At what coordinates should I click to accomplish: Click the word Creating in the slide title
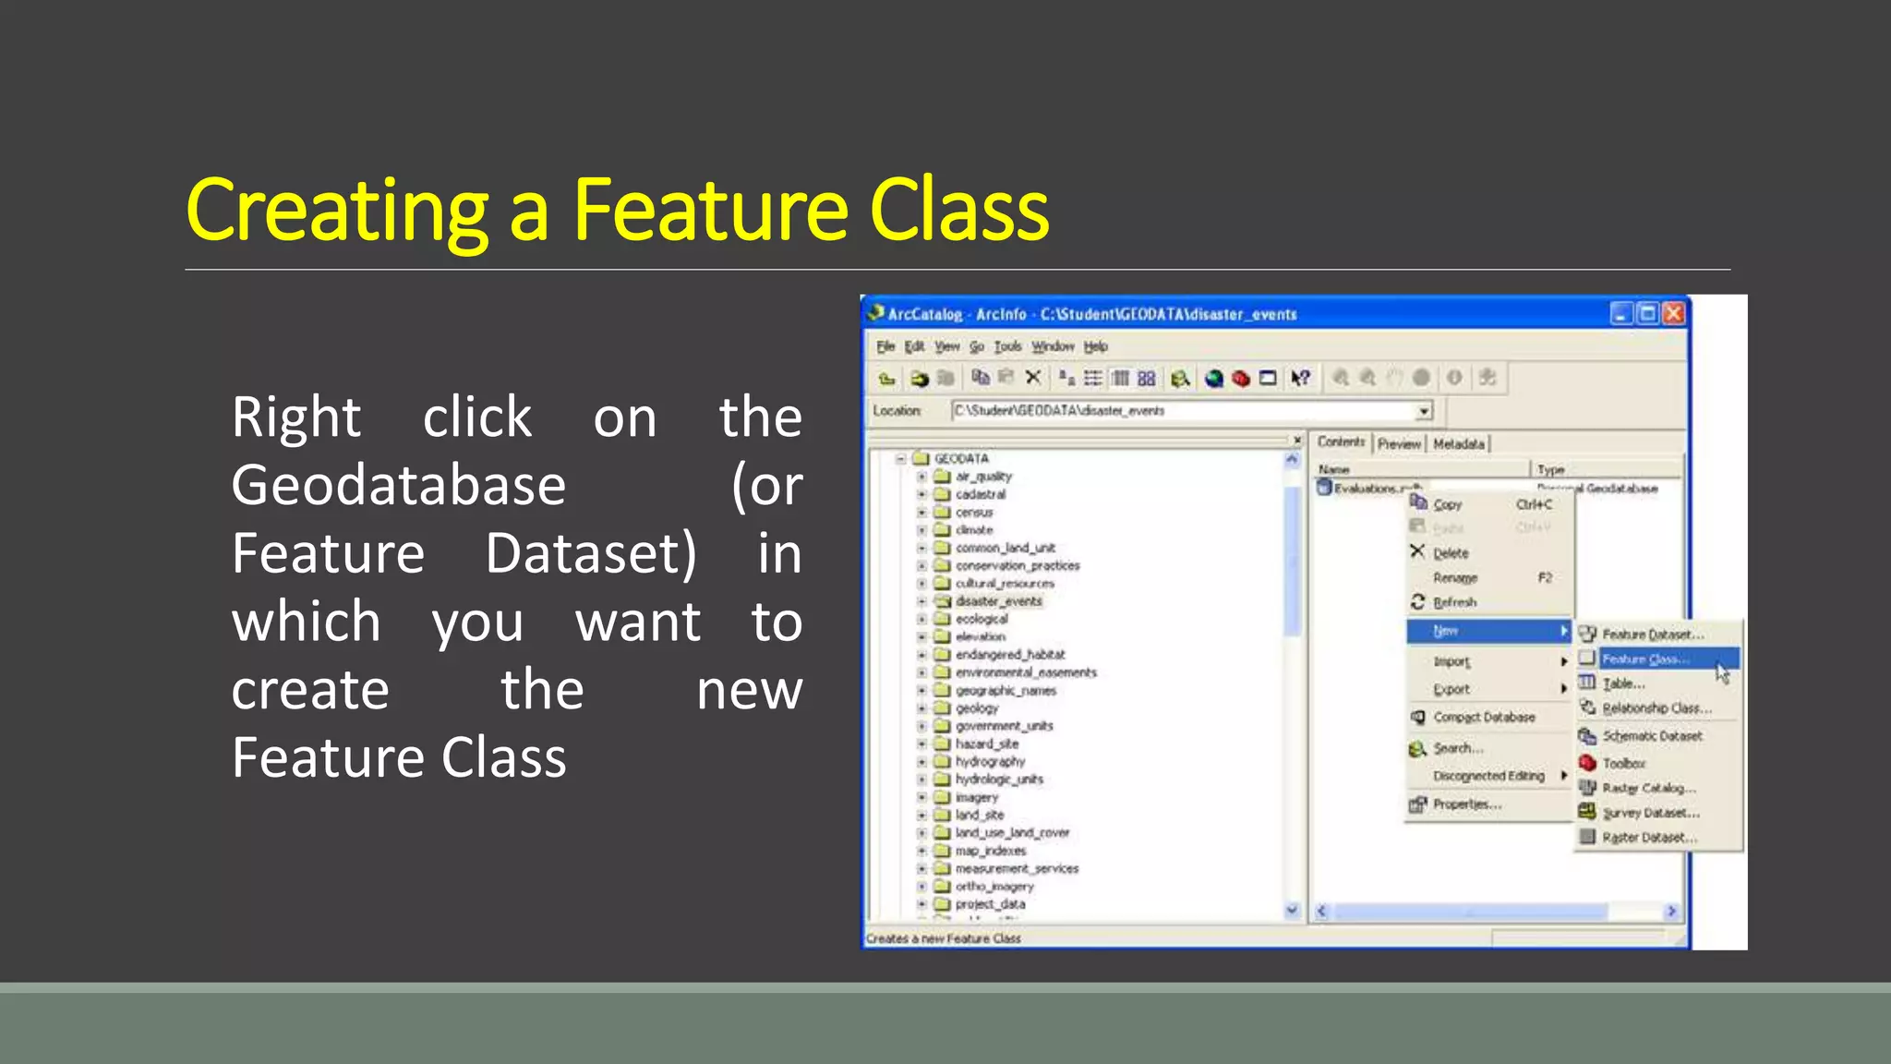336,212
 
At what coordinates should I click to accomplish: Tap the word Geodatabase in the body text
398,486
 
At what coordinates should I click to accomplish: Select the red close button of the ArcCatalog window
1673,314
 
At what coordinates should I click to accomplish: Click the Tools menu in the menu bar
1007,346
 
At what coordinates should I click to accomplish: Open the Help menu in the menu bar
1095,346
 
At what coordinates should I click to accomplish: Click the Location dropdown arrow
1424,411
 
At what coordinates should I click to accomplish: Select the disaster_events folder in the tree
998,601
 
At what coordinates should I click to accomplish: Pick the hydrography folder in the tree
990,762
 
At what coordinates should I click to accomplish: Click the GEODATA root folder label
960,458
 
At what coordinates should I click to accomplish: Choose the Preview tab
1399,444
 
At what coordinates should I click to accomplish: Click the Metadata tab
1459,444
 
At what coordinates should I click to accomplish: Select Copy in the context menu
1448,504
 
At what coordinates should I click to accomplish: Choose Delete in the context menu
1451,553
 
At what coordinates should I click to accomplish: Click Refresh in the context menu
1454,602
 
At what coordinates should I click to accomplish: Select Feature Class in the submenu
1645,659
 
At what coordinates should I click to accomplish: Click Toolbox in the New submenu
1623,763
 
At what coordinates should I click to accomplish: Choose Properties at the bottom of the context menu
1466,804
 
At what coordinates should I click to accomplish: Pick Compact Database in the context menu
1484,717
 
